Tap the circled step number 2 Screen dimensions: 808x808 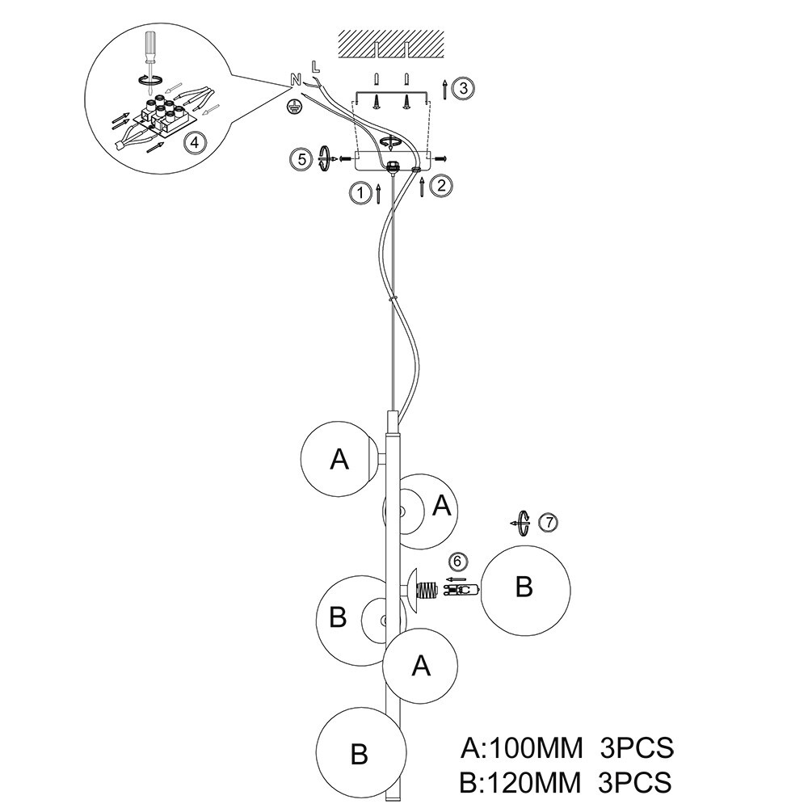441,185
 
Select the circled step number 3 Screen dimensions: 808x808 460,88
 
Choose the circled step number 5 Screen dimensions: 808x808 301,158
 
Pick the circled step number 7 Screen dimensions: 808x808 548,523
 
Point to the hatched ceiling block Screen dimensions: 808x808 391,44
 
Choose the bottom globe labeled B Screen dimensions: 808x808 360,753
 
